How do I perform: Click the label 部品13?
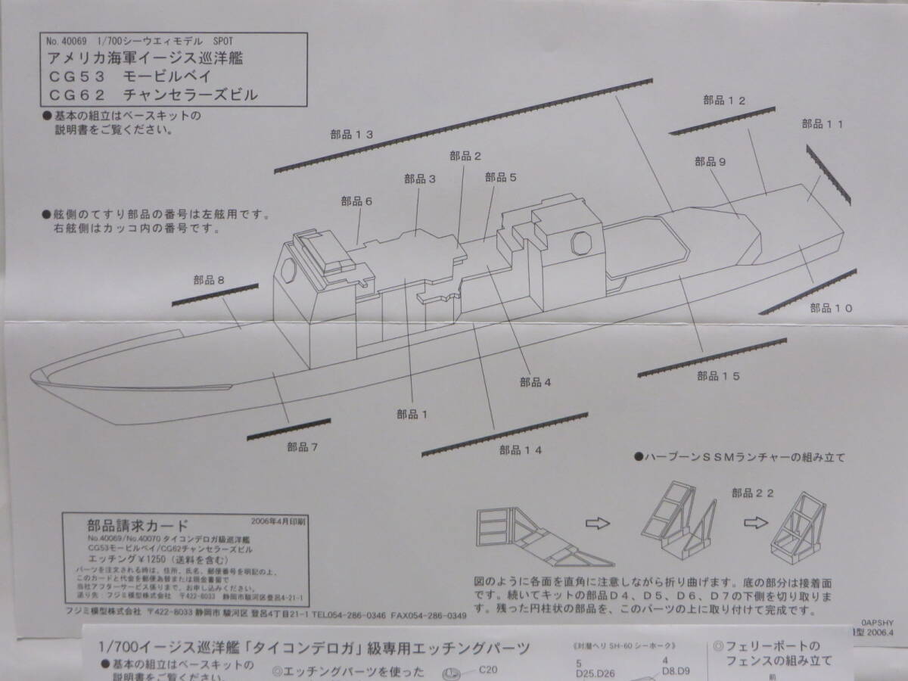pos(352,135)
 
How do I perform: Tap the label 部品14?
pos(521,449)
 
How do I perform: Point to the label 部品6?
pos(356,201)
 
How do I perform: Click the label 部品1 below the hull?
pos(412,414)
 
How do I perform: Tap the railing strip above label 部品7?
pos(288,428)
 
